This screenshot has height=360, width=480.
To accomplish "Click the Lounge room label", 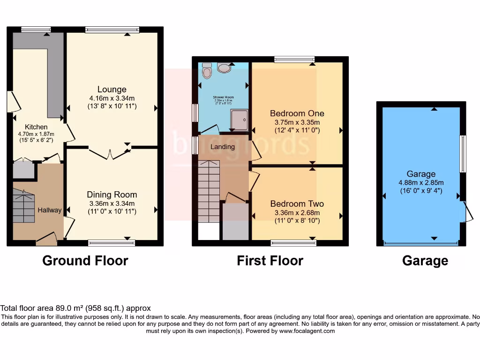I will [x=112, y=90].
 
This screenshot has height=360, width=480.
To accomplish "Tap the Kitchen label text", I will [x=36, y=127].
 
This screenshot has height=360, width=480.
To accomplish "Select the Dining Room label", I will [x=112, y=195].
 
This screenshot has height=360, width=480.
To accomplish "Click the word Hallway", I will [x=50, y=210].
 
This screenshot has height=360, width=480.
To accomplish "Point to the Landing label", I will [x=222, y=147].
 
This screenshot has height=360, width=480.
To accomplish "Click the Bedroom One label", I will [x=297, y=113].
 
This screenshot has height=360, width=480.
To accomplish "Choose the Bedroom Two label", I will [x=297, y=204].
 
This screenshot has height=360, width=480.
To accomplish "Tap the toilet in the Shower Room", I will [x=207, y=71].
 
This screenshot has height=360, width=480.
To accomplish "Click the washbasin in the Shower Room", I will [x=225, y=68].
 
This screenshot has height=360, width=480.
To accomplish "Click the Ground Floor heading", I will [x=85, y=261].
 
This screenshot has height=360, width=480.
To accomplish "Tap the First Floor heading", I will [x=270, y=261].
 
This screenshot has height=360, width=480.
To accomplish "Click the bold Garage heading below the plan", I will [x=425, y=261].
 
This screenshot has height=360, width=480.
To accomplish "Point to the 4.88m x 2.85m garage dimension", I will [x=421, y=183].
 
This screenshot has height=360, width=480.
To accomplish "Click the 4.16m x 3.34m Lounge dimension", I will [x=112, y=98].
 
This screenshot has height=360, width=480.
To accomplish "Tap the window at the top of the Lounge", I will [x=112, y=30].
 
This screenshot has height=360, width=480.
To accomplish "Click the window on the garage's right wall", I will [x=463, y=154].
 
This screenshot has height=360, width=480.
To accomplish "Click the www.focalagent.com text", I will [x=307, y=331].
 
